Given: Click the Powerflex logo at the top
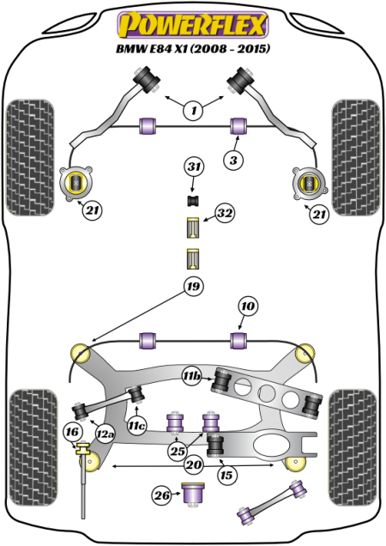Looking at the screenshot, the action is [x=192, y=25].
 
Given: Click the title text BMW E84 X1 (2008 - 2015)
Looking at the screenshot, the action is [x=193, y=49].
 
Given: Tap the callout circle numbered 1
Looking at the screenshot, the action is [x=193, y=111].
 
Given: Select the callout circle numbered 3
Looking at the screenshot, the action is [x=233, y=161].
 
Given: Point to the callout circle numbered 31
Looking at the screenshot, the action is [x=194, y=167].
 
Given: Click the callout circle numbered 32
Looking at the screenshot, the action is [x=225, y=213].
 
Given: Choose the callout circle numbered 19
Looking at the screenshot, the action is [x=193, y=287].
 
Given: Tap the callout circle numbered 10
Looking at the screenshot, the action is [x=248, y=306].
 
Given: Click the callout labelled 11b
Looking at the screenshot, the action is [x=192, y=376].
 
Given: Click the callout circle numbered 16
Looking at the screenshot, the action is [x=73, y=433].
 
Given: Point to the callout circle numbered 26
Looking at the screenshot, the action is [x=162, y=495].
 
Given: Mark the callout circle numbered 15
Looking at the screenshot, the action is [x=227, y=475].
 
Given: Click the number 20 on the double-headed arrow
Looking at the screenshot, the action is [x=194, y=464].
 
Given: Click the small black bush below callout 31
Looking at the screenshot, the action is [x=192, y=201].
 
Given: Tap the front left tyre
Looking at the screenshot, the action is [x=30, y=157].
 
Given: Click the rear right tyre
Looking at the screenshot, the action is [x=353, y=447].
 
